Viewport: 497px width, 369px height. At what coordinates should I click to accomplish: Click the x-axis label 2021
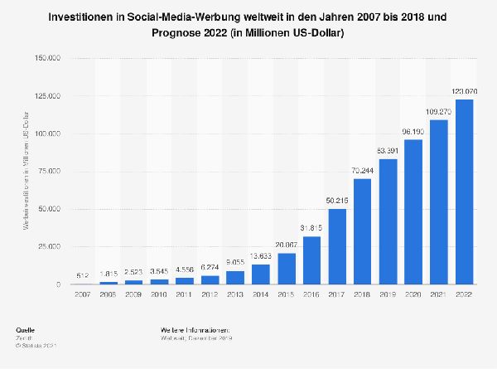(x=438, y=294)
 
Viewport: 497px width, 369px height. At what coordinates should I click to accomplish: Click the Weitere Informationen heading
(x=195, y=331)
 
